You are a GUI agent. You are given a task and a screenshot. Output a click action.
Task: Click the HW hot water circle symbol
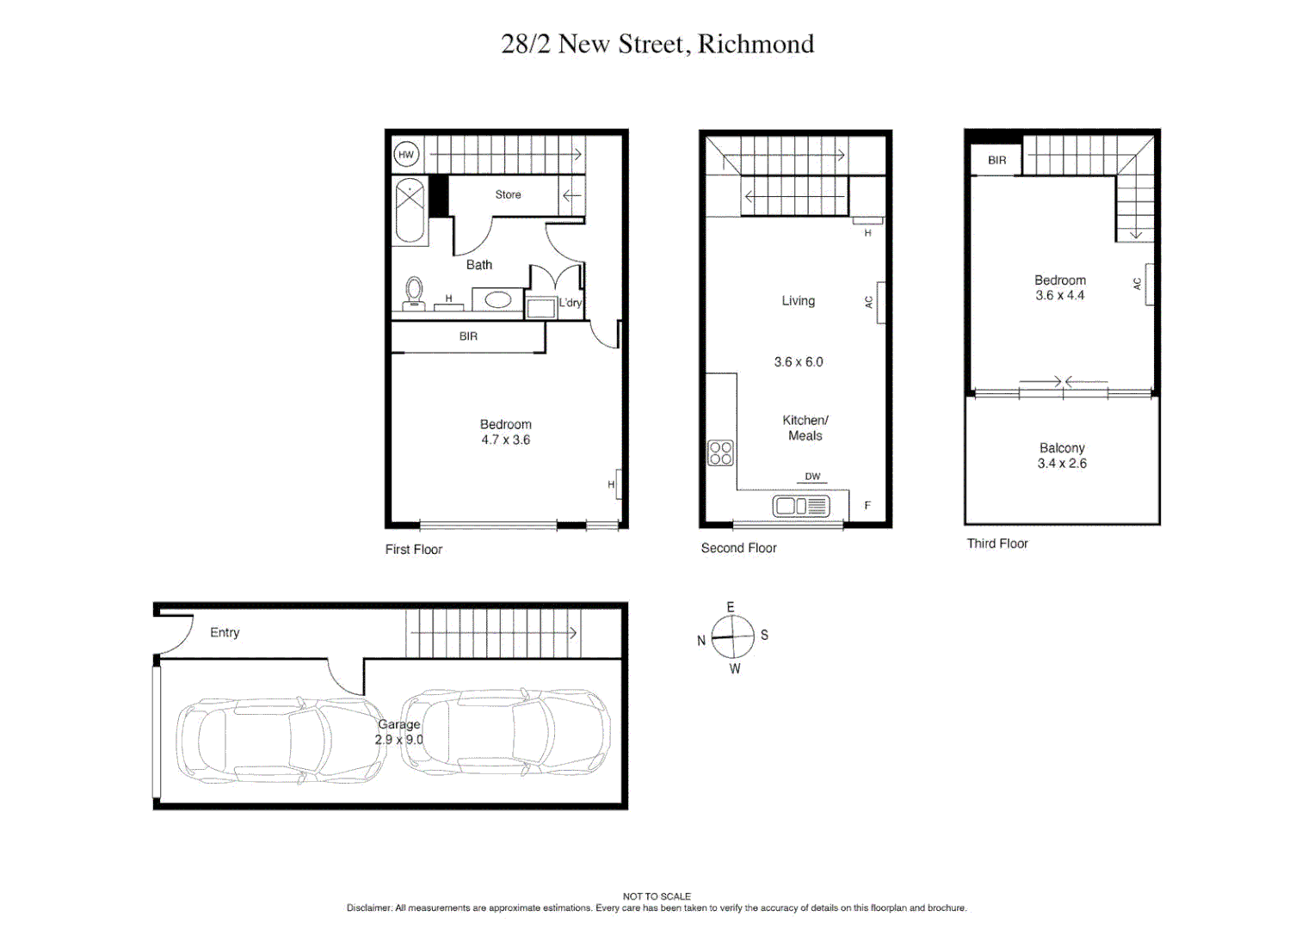click(x=406, y=155)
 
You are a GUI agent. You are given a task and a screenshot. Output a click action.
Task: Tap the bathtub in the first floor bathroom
click(x=410, y=211)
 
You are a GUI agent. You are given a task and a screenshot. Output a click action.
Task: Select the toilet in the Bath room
click(x=414, y=292)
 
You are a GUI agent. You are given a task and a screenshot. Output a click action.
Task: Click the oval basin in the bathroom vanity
click(x=497, y=300)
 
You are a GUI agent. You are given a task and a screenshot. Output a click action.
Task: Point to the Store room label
click(x=508, y=194)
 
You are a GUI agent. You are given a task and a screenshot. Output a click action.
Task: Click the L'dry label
click(x=571, y=303)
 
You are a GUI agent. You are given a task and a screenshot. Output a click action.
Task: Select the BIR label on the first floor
click(x=468, y=336)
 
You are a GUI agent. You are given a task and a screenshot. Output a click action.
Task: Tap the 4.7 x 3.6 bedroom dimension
click(x=505, y=440)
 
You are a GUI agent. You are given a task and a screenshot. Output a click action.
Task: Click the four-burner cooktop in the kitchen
click(x=720, y=453)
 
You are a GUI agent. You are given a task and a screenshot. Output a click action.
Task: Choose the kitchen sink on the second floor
click(x=800, y=507)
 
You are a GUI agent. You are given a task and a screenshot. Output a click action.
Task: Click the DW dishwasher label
click(x=812, y=477)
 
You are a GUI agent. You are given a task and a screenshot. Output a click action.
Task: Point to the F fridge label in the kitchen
click(x=867, y=506)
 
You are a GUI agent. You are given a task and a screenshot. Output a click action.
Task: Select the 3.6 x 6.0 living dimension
click(x=798, y=362)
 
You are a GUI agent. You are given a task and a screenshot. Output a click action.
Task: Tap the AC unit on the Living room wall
click(x=880, y=302)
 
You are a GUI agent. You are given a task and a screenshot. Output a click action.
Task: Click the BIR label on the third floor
click(x=996, y=161)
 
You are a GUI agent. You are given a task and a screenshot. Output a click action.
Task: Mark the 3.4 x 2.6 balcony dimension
click(x=1062, y=464)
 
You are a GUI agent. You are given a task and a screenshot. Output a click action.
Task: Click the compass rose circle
click(x=732, y=637)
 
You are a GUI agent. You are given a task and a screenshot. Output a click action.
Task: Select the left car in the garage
click(x=280, y=740)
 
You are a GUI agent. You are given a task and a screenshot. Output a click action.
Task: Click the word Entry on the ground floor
click(x=225, y=632)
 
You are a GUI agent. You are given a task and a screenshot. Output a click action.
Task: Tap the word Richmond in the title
click(x=756, y=44)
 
